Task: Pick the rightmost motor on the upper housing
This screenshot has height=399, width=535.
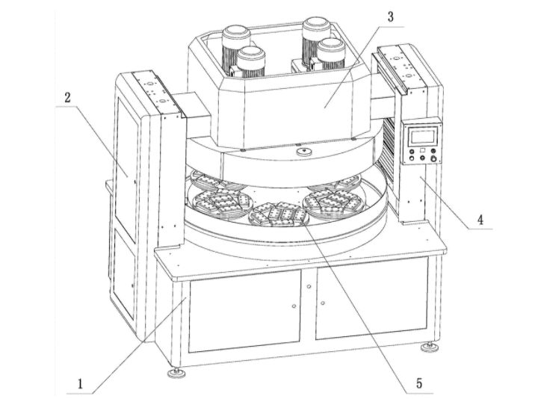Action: pyautogui.click(x=330, y=56)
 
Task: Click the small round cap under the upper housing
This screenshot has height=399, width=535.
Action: pyautogui.click(x=303, y=152)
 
